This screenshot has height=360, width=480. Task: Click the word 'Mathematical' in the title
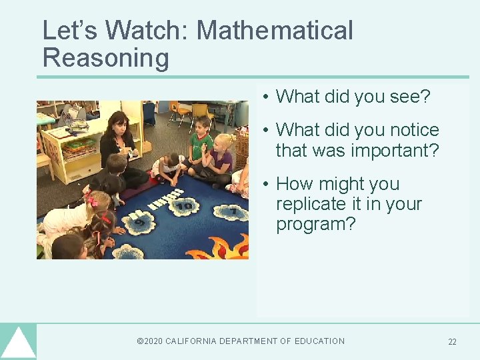pos(275,31)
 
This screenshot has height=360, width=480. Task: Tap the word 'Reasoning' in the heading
pos(105,59)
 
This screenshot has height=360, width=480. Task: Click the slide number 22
pos(452,342)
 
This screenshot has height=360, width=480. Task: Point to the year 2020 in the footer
pos(153,341)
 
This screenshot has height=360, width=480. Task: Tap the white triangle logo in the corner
pos(18,344)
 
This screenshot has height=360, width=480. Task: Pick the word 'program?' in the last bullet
pos(316,224)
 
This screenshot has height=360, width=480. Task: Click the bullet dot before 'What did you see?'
pos(265,97)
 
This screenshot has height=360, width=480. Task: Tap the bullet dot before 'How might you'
pos(265,185)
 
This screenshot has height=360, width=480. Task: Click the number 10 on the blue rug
pos(184,207)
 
